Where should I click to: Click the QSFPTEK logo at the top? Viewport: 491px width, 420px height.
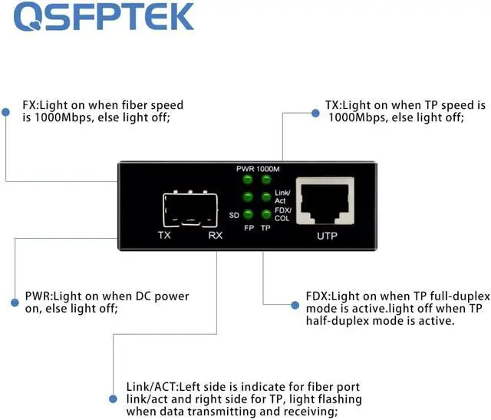(x=104, y=18)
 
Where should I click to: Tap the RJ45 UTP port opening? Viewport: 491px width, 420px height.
(x=327, y=201)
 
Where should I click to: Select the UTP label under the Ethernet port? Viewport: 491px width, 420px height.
(x=327, y=236)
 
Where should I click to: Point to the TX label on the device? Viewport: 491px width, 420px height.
(x=164, y=235)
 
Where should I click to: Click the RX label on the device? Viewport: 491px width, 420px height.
(x=215, y=235)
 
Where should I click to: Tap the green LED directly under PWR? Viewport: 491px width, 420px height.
(x=248, y=180)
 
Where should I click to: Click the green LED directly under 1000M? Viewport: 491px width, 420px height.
(x=266, y=180)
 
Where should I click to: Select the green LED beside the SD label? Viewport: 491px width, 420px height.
(x=248, y=214)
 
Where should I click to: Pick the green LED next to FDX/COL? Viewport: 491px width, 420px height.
(x=266, y=214)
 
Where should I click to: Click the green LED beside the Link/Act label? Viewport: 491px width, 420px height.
(x=266, y=197)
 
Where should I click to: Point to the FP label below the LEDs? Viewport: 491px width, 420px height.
(x=249, y=228)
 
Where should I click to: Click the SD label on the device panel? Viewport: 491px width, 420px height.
(x=234, y=215)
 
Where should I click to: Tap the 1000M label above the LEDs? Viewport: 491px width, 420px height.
(x=269, y=168)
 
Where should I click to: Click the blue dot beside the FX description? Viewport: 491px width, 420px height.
(x=5, y=112)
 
